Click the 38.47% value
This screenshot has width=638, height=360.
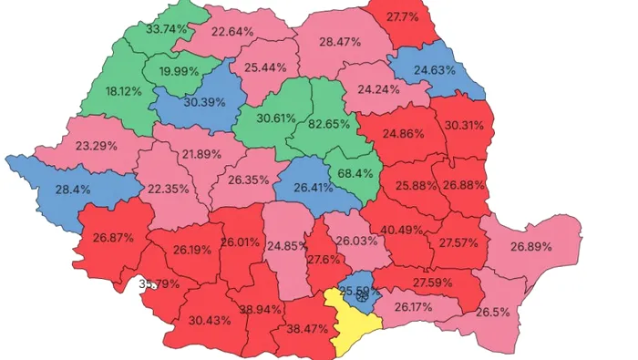click(310, 327)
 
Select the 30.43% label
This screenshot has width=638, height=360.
click(210, 320)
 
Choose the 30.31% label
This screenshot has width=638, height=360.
click(463, 126)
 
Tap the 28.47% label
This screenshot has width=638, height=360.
click(339, 42)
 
